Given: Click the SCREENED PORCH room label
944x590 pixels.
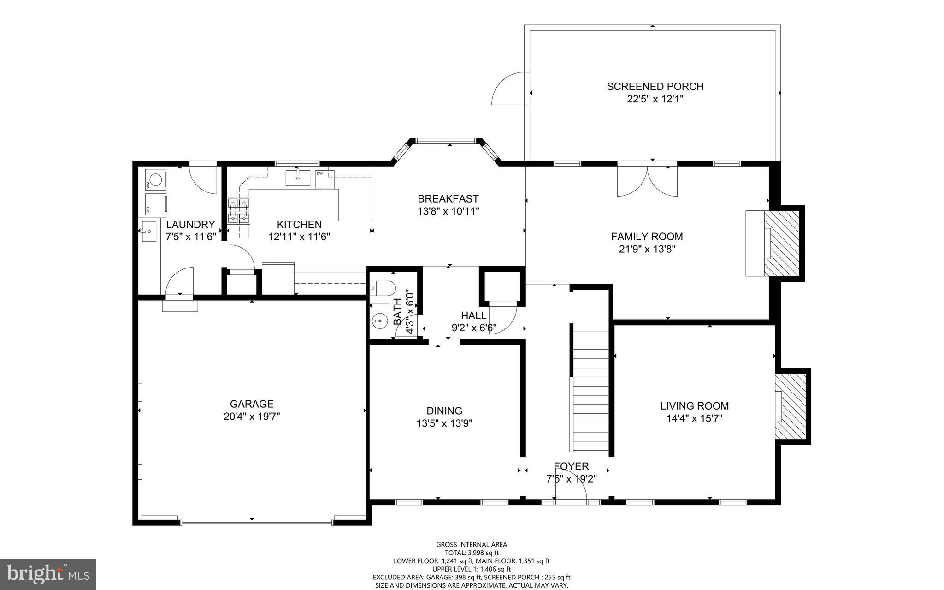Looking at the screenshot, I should (655, 86).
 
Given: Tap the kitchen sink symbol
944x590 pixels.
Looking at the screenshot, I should (297, 178).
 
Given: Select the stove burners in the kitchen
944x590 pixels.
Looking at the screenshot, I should (238, 211).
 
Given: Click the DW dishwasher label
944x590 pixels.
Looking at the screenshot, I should (319, 173).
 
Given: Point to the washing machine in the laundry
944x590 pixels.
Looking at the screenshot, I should (156, 179).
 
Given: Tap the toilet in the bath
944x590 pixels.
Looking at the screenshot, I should (383, 288).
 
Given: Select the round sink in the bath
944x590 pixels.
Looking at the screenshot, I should (380, 320).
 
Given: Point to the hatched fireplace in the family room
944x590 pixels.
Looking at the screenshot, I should (782, 243).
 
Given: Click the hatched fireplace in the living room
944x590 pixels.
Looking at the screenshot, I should (790, 406).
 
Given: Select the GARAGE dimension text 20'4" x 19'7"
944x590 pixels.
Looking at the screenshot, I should (252, 417).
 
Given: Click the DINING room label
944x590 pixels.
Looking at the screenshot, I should (444, 411).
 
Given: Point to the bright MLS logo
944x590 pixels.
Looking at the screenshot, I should (48, 574).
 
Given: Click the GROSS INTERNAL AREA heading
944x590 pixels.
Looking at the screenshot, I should (472, 544).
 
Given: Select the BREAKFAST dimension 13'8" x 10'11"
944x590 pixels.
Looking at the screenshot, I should (448, 211).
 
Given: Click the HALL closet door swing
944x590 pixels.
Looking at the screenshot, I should (503, 318).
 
